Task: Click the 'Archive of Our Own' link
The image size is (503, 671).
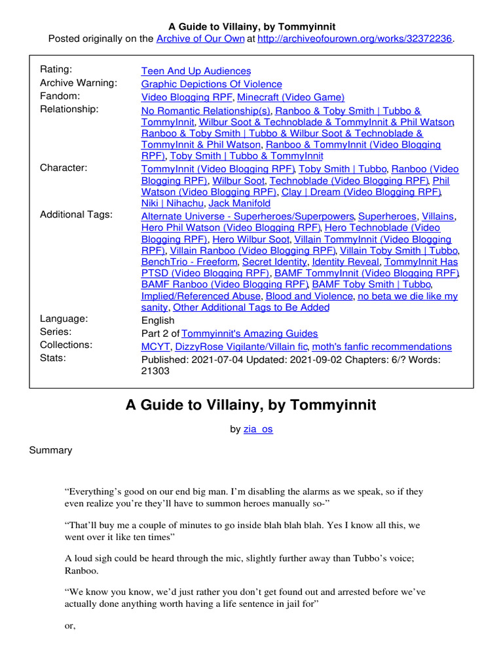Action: click(201, 39)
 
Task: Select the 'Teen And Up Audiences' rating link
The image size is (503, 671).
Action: click(196, 71)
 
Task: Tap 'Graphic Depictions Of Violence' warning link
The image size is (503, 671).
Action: click(212, 84)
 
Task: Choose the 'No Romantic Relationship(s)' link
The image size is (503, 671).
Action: click(206, 111)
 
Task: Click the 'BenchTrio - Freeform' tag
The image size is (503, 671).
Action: click(189, 261)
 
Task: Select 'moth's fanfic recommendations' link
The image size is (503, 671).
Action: click(381, 347)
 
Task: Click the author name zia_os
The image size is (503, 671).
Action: click(257, 430)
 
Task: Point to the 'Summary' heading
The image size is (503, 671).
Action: click(50, 450)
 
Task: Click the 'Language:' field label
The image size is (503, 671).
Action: click(64, 319)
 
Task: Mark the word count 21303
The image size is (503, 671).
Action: click(155, 371)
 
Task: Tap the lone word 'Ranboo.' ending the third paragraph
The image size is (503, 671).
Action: click(82, 570)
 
